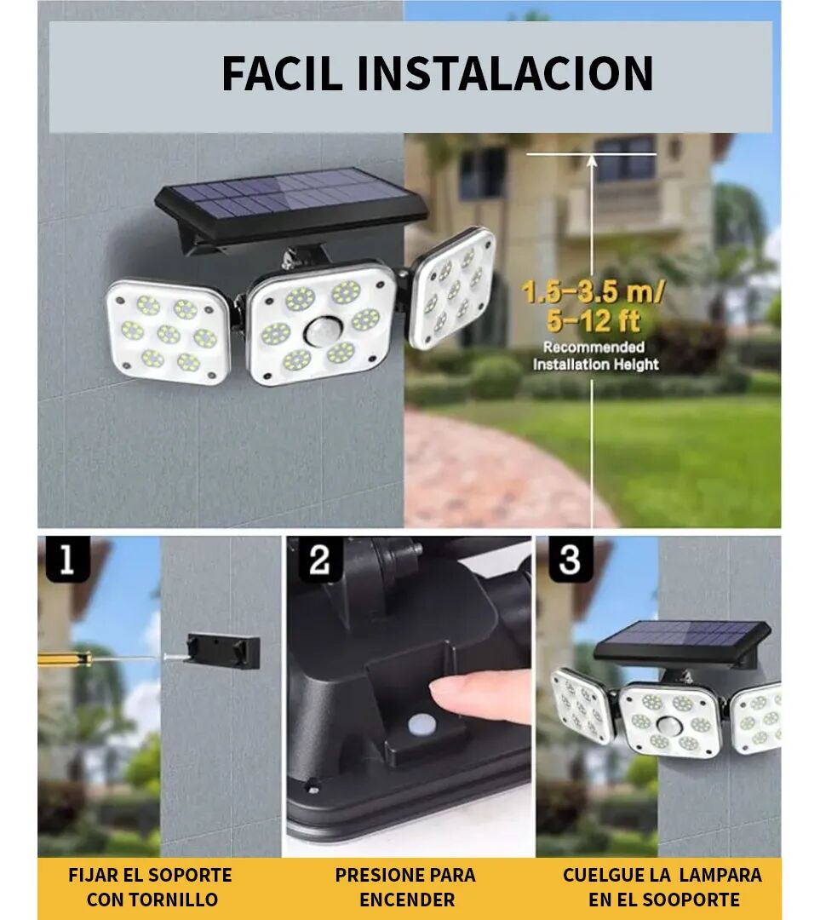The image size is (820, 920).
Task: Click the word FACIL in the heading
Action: click(x=284, y=73)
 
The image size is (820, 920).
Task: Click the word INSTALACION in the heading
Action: click(x=505, y=73)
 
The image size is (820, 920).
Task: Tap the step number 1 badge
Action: click(x=66, y=561)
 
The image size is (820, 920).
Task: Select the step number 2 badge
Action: click(x=318, y=561)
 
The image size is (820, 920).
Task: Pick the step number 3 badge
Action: click(x=570, y=561)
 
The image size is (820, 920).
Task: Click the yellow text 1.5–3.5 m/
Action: click(x=593, y=294)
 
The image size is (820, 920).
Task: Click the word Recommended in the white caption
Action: click(x=593, y=348)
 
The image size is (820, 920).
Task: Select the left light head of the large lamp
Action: click(x=169, y=332)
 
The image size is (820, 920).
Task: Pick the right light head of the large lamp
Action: click(x=452, y=288)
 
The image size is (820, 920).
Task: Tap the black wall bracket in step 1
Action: click(x=223, y=652)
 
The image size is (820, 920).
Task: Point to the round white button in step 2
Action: click(x=420, y=725)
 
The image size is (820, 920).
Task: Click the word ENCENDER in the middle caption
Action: click(x=406, y=900)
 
